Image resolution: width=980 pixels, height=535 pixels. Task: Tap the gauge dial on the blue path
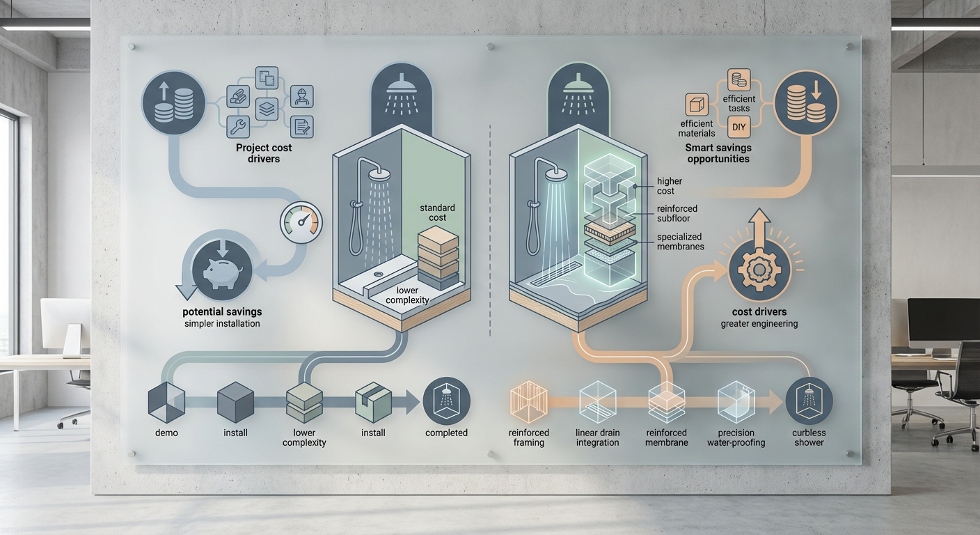point(301,222)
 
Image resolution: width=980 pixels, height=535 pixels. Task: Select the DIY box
point(739,127)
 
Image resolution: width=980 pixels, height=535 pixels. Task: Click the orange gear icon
point(759,270)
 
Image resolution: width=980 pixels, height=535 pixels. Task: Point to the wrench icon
point(238,127)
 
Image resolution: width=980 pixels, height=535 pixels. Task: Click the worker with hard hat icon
point(302,97)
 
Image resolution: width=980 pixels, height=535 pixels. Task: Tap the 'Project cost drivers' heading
point(264,153)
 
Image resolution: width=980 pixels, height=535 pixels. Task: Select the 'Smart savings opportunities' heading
point(718,153)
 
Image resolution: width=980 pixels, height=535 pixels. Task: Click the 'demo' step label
point(166,433)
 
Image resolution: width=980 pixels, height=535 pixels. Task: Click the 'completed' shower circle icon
point(446,401)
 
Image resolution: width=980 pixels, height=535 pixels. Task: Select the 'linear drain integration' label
point(598,437)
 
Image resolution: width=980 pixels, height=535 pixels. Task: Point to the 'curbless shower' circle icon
point(809,401)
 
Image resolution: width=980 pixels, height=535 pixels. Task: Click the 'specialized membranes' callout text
point(680,241)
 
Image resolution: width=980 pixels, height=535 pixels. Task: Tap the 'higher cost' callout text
point(670,185)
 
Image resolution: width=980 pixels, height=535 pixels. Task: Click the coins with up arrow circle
point(173,102)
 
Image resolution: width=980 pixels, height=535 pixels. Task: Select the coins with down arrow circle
point(806,102)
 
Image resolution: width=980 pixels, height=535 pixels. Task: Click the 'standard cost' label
point(437,212)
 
